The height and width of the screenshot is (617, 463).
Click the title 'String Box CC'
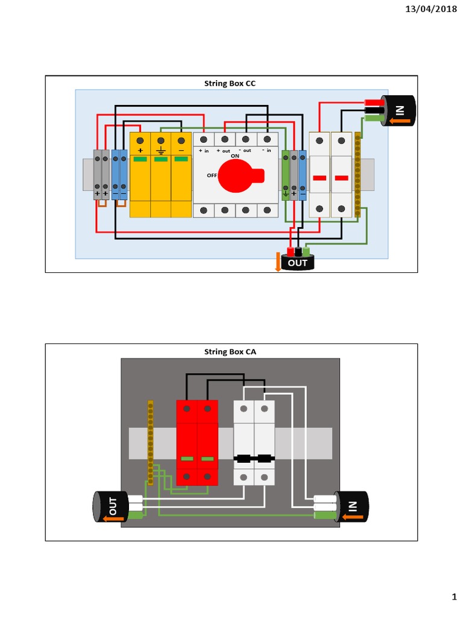tap(231, 83)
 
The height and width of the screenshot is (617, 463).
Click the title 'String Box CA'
tap(231, 351)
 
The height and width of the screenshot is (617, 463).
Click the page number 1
tap(454, 597)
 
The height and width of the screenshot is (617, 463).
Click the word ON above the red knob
tap(235, 155)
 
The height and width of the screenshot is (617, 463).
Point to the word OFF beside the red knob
tap(212, 175)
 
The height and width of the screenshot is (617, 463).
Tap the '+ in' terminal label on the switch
tap(204, 151)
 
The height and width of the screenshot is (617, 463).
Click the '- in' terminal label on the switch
tap(266, 151)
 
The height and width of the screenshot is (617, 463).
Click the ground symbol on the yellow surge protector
tap(161, 151)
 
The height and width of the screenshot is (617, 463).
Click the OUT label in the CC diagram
tap(297, 263)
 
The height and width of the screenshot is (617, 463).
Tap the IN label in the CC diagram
tap(400, 110)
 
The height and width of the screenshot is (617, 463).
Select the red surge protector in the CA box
tap(197, 442)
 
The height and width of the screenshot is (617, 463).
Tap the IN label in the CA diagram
tap(352, 507)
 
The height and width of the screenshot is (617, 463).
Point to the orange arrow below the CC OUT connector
tap(278, 262)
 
